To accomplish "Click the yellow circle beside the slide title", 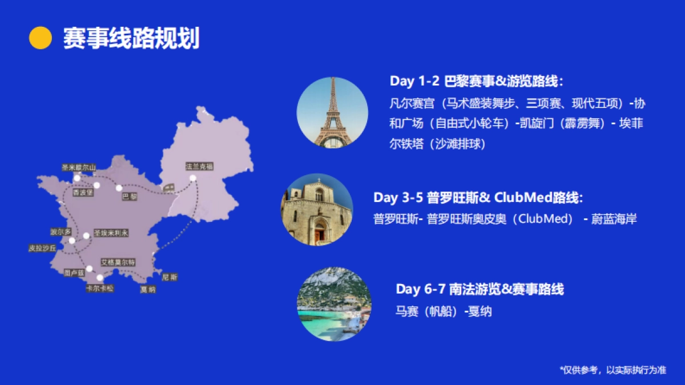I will tap(41, 38).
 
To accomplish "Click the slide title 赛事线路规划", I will tap(131, 38).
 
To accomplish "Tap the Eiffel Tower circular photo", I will tap(332, 113).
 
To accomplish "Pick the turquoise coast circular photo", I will tap(334, 304).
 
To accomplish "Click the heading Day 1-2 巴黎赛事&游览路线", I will tap(477, 81).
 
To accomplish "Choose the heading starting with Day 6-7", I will tap(479, 289).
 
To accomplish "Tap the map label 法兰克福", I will tap(199, 167).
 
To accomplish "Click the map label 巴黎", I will tap(130, 197).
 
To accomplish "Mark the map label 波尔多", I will tap(61, 232).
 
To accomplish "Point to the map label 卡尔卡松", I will tap(99, 289).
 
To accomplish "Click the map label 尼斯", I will tap(170, 277).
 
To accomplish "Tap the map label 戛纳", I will tap(148, 289).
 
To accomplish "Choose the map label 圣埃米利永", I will tap(111, 233).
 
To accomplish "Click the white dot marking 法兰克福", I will tap(193, 178).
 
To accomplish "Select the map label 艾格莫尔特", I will tap(118, 262).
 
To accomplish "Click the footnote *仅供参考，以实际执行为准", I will tap(613, 370).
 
